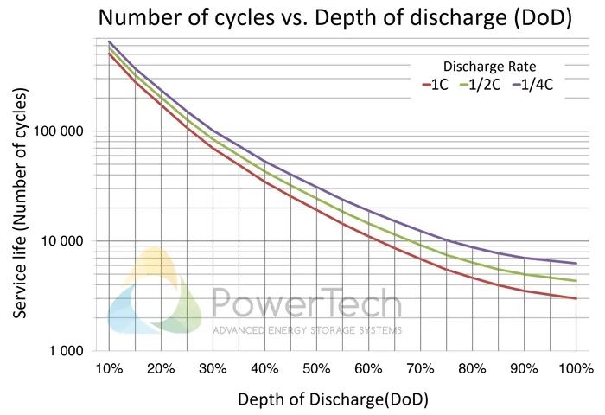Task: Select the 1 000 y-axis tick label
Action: coord(70,351)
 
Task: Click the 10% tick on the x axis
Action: coord(109,368)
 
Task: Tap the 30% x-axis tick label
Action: coord(213,368)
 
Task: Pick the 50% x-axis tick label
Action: coord(316,368)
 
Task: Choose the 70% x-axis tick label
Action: coord(420,368)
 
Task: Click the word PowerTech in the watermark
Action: coord(306,304)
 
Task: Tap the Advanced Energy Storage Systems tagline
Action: coord(307,329)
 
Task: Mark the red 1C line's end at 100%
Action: coord(576,298)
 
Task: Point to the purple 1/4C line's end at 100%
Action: coord(576,263)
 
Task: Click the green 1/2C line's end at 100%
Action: coord(576,281)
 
